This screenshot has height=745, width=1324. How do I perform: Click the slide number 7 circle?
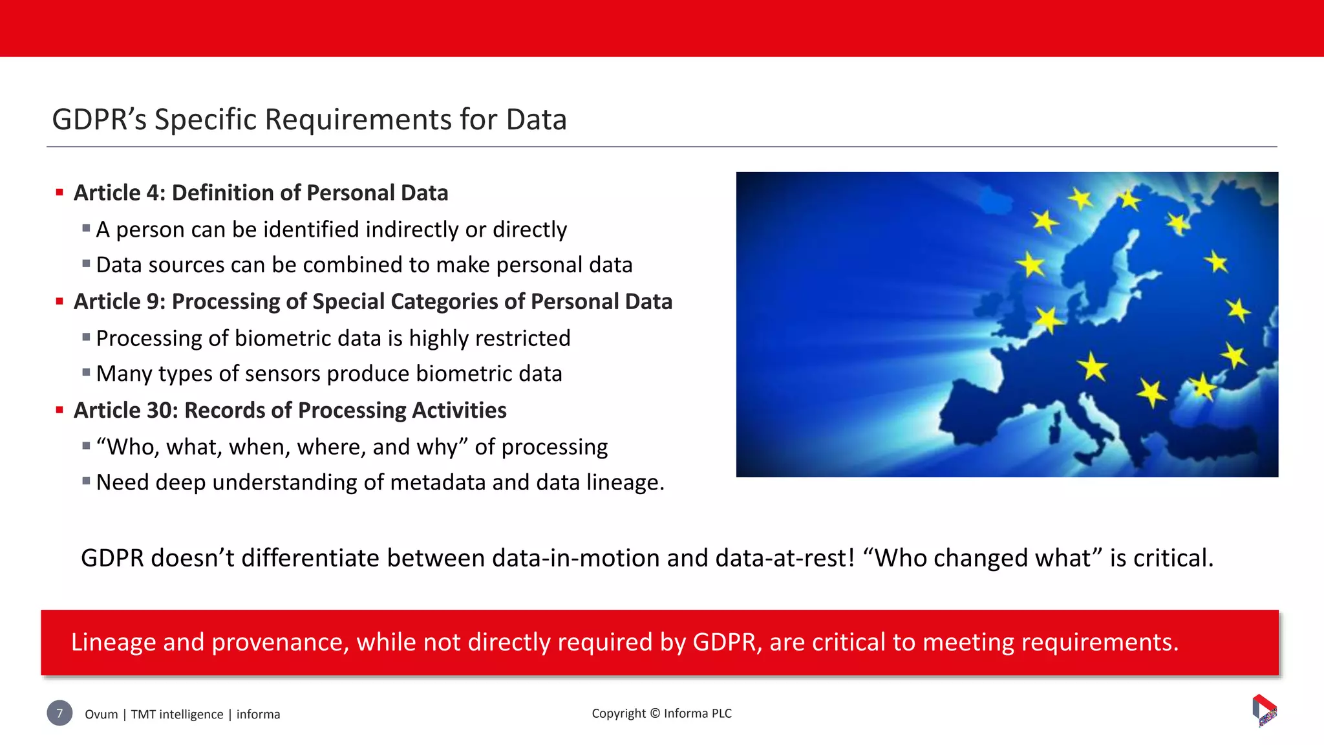click(59, 713)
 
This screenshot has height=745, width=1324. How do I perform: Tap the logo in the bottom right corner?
click(1265, 711)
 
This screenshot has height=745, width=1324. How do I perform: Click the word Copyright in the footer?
click(619, 713)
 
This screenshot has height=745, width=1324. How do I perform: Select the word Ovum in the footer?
click(101, 715)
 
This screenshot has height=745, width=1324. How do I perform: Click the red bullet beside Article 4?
click(59, 192)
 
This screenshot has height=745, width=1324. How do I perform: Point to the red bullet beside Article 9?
click(59, 301)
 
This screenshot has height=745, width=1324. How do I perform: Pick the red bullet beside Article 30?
click(59, 409)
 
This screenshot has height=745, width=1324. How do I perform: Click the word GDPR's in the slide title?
click(100, 120)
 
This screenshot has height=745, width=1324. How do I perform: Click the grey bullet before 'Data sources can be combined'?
click(86, 263)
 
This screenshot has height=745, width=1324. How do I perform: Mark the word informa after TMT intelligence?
click(258, 715)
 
